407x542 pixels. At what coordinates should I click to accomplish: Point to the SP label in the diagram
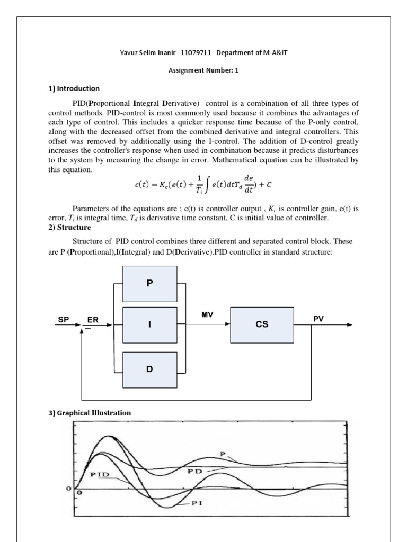click(x=63, y=320)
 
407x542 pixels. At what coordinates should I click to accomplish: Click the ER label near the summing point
click(x=93, y=320)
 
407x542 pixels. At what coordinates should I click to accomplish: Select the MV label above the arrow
click(x=207, y=314)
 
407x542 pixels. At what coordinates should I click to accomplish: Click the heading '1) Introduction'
click(x=74, y=88)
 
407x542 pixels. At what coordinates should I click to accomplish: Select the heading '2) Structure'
click(x=70, y=228)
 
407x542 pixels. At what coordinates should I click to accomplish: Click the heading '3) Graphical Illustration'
click(x=90, y=412)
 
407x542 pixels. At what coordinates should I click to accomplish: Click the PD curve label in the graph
click(x=193, y=469)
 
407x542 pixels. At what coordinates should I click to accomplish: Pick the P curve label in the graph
click(x=223, y=453)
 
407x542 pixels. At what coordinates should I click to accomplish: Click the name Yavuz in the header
click(x=130, y=53)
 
